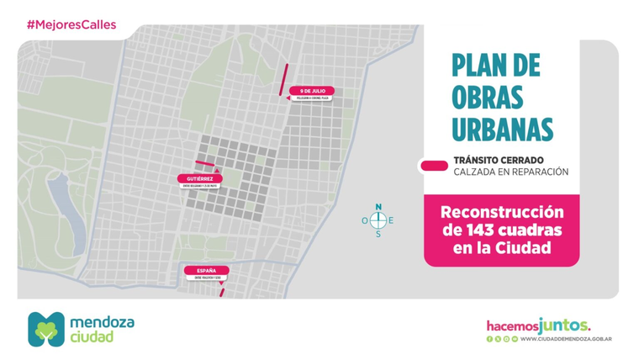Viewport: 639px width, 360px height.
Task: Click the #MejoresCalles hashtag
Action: pyautogui.click(x=71, y=24)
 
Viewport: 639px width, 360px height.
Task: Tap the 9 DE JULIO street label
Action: pyautogui.click(x=310, y=91)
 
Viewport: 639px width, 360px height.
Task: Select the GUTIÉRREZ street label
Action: pyautogui.click(x=200, y=178)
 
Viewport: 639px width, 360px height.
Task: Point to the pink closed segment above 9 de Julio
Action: pyautogui.click(x=285, y=79)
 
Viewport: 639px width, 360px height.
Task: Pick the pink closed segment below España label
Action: pyautogui.click(x=221, y=293)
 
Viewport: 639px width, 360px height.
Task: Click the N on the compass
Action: pyautogui.click(x=378, y=206)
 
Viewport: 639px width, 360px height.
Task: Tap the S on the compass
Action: pyautogui.click(x=378, y=234)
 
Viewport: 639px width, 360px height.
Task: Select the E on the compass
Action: pyautogui.click(x=392, y=220)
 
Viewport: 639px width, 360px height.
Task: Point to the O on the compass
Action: pyautogui.click(x=365, y=220)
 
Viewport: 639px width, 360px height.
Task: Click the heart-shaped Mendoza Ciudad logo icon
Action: pyautogui.click(x=45, y=329)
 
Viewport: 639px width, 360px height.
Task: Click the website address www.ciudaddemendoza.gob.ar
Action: pyautogui.click(x=565, y=339)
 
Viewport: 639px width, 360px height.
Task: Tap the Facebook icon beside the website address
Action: pyautogui.click(x=489, y=339)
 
